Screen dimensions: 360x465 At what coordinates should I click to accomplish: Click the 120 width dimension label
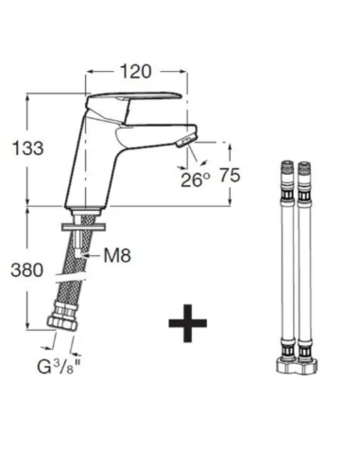pyautogui.click(x=136, y=72)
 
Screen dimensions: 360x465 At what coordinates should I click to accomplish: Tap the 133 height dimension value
pyautogui.click(x=27, y=148)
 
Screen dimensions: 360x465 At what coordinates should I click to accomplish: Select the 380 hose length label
pyautogui.click(x=27, y=270)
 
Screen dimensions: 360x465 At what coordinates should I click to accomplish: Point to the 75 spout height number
pyautogui.click(x=230, y=175)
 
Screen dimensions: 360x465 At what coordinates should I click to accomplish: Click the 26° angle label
pyautogui.click(x=196, y=180)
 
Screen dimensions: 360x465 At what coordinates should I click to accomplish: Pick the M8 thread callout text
pyautogui.click(x=117, y=255)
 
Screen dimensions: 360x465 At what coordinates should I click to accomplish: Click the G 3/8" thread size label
pyautogui.click(x=60, y=367)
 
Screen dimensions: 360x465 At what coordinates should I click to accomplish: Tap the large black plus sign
pyautogui.click(x=188, y=323)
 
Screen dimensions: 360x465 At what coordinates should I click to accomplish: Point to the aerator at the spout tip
pyautogui.click(x=186, y=140)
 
